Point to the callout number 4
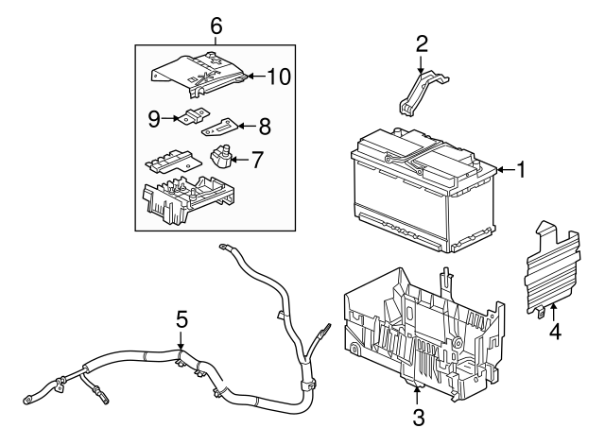556,331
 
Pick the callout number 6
216,27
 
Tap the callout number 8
264,124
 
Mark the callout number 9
154,118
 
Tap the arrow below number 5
180,345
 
